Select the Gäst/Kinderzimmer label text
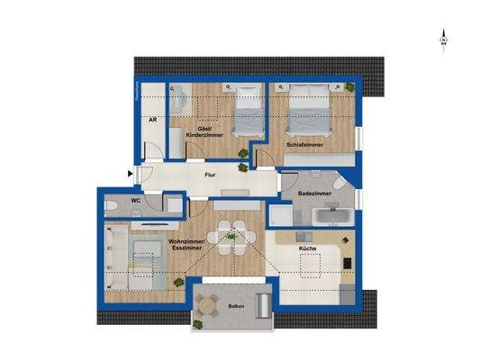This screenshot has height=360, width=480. (198, 131)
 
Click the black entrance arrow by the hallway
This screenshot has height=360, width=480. (131, 174)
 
